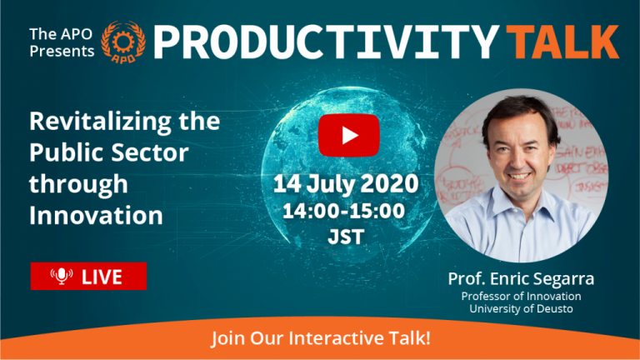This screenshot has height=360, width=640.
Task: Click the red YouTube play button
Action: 348,136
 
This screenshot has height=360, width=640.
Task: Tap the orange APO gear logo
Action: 122,42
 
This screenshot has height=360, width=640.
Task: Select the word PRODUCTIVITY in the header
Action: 326,42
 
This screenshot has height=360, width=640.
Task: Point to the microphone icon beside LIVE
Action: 62,277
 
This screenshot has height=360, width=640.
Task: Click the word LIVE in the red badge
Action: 102,277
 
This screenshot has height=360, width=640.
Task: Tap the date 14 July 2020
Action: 346,183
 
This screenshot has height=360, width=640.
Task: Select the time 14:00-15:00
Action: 343,211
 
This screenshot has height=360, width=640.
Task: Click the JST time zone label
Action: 346,237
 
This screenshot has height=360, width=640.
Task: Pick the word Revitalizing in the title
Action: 100,122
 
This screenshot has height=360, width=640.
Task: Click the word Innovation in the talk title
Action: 96,215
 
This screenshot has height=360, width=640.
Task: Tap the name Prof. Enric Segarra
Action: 521,279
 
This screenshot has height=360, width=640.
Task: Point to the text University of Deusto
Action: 521,308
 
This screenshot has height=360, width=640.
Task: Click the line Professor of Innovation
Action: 521,296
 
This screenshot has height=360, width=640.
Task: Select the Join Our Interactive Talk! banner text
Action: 321,338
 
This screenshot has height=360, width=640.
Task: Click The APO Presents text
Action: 62,42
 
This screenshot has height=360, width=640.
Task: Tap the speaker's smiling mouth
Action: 519,177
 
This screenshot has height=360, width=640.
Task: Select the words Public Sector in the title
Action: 108,152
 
